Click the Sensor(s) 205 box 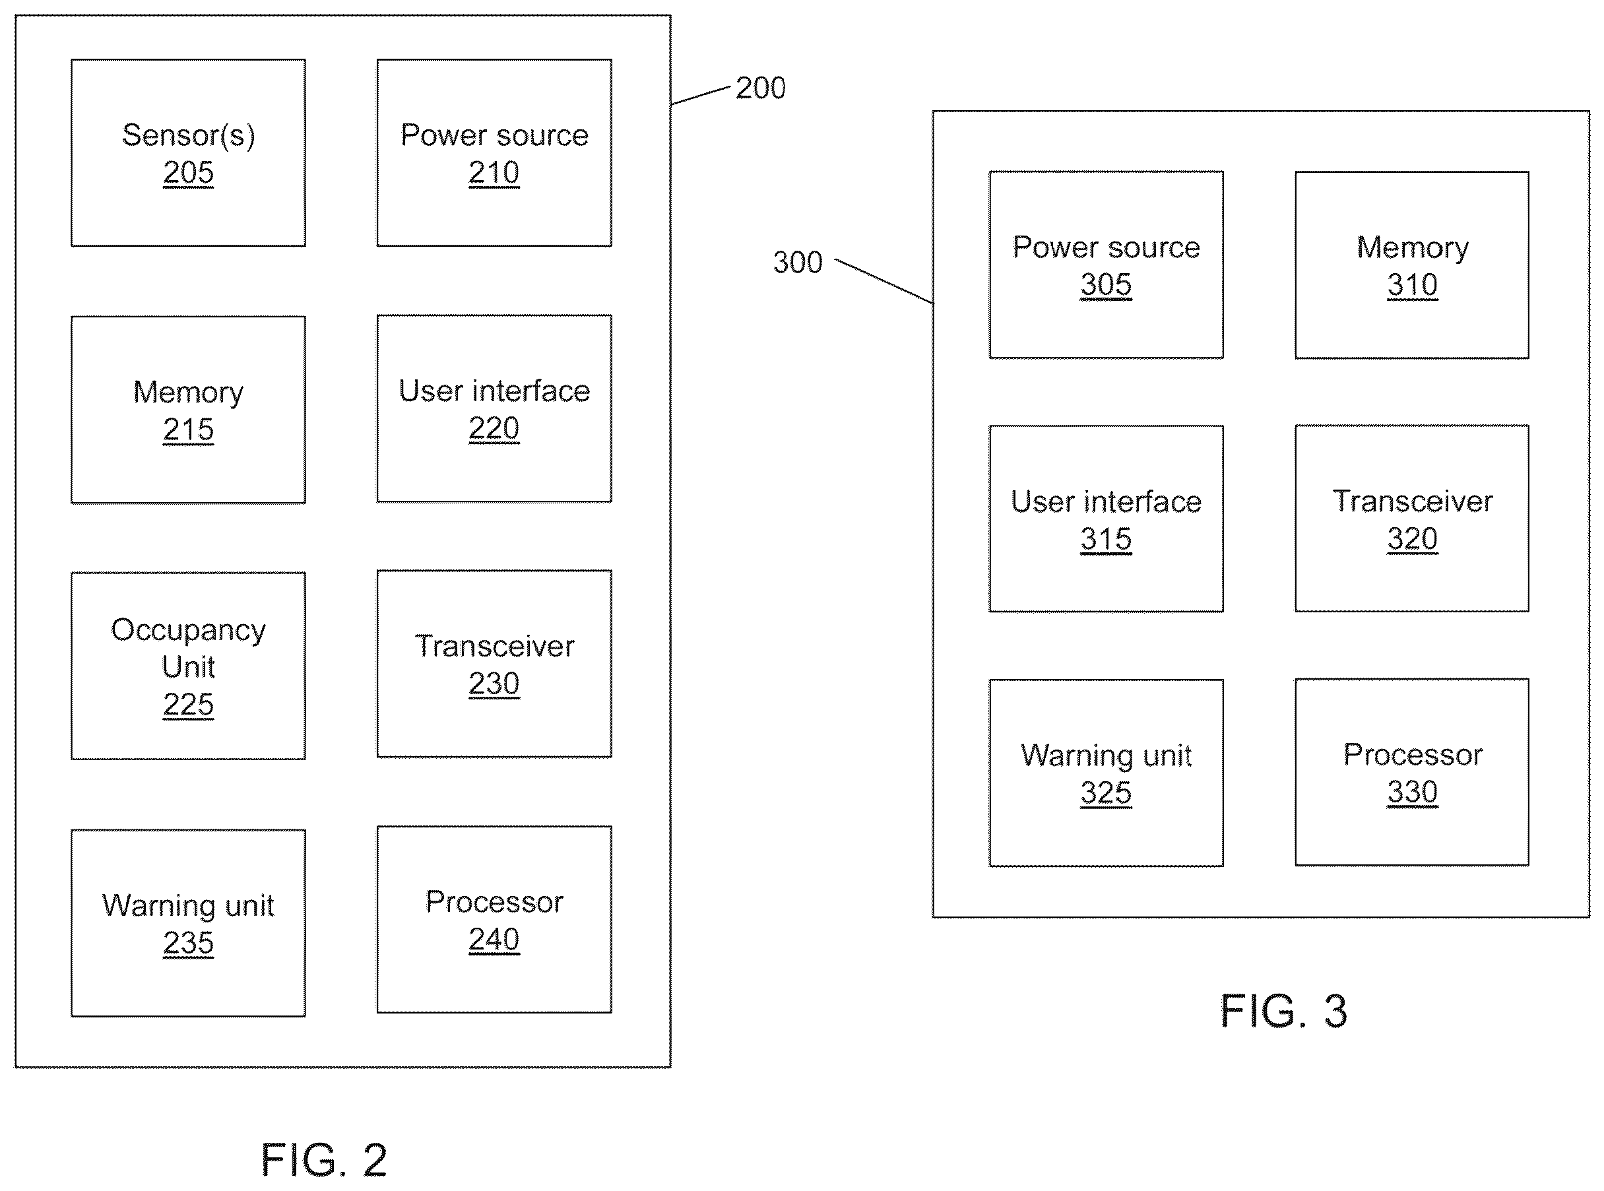188,153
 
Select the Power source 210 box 494,153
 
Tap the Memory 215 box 188,410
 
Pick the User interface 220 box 494,408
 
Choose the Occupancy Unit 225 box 188,665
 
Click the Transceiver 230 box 494,664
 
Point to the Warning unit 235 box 188,923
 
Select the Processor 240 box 494,920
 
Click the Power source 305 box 1106,265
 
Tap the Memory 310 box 1411,265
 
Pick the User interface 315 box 1106,519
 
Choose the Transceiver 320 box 1411,519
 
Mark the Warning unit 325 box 1106,773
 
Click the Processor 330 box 1411,772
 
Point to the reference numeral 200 761,88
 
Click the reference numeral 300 797,263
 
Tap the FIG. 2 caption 324,1160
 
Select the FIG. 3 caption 1283,1011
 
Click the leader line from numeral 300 885,282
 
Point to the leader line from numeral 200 701,95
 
